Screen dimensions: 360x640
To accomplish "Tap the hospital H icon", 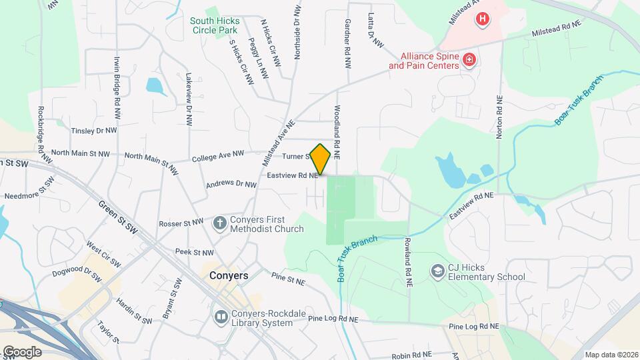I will coord(481,19).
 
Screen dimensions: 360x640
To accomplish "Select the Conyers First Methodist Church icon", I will coord(219,224).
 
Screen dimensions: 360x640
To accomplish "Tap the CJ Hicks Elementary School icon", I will coord(437,272).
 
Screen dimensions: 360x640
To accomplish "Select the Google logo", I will coord(22,351).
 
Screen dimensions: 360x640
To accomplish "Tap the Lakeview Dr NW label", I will coord(189,100).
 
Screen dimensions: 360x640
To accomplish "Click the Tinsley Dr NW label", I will coord(93,131).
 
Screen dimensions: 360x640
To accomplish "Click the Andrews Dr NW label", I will coord(231,184).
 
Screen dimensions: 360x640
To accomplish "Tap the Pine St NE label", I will coord(288,279).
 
